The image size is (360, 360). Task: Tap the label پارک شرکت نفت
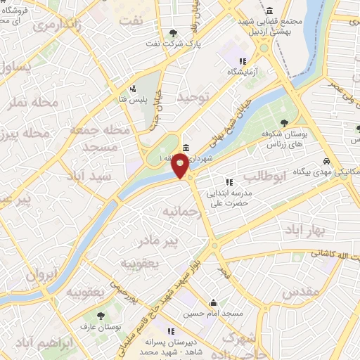(x=188, y=45)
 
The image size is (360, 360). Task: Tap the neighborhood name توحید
(x=194, y=98)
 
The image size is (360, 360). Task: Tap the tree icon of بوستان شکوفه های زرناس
(x=284, y=124)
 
